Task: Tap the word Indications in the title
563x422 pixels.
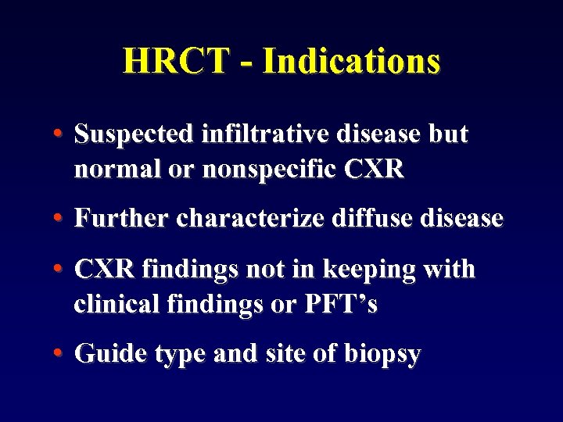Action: point(352,61)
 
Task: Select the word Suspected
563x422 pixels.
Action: point(133,134)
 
